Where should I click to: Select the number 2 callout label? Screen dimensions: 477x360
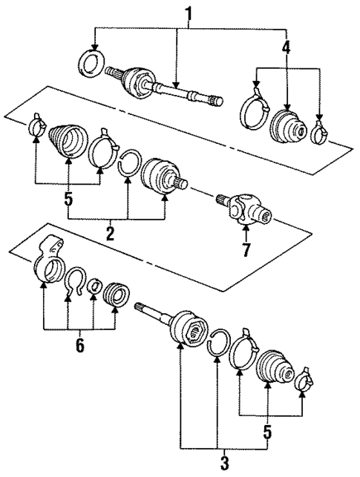[109, 234]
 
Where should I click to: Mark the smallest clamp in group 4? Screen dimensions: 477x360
[320, 134]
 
